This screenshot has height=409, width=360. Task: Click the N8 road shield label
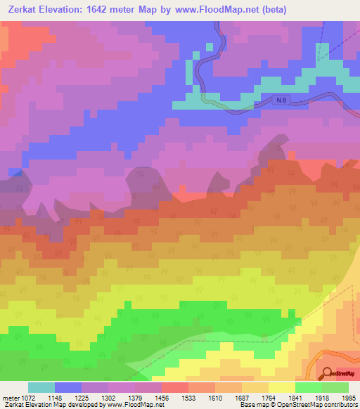[x=281, y=101]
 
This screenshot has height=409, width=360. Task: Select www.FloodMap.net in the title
[x=209, y=10]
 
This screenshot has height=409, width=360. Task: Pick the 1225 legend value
[x=95, y=397]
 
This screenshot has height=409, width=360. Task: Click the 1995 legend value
[x=340, y=397]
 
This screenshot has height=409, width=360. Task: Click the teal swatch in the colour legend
[x=41, y=387]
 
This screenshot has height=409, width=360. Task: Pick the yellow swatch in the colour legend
[x=282, y=387]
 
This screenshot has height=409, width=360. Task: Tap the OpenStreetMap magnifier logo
[x=328, y=372]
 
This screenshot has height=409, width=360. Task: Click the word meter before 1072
[x=8, y=397]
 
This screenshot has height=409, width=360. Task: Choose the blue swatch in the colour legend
[x=68, y=387]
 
